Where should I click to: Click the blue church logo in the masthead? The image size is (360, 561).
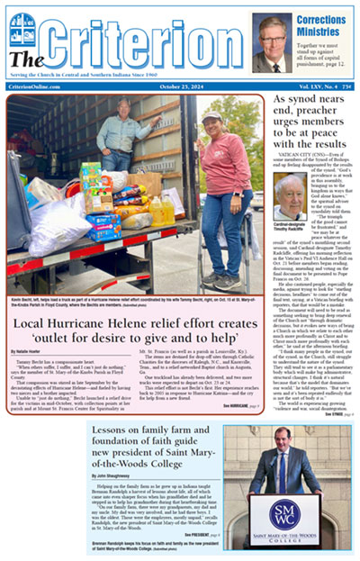coord(22,31)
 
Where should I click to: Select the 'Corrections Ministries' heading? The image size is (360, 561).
coord(325,24)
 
